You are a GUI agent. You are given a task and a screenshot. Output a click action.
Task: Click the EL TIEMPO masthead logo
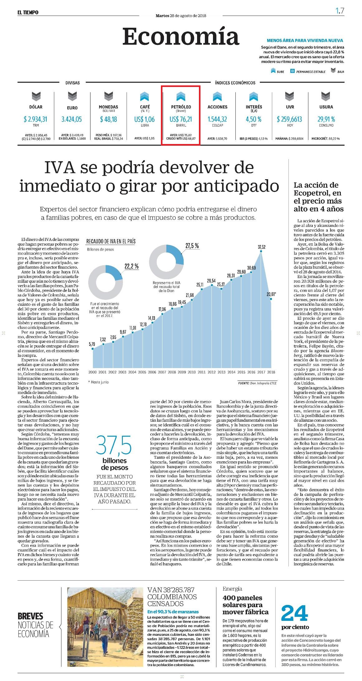click(28, 12)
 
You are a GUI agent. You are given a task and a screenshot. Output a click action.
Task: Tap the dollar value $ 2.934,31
click(36, 119)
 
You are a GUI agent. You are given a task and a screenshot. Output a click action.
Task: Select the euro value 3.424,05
click(72, 119)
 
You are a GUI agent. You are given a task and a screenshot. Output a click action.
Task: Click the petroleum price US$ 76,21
click(181, 119)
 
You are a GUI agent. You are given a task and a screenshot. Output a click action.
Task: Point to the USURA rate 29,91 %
click(326, 119)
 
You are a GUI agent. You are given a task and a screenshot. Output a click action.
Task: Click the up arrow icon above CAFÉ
click(145, 97)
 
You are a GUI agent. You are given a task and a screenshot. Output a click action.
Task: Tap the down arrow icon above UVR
click(290, 97)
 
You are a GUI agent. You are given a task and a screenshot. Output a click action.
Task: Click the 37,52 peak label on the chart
click(262, 247)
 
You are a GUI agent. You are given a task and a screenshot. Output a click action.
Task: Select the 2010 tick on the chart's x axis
click(191, 372)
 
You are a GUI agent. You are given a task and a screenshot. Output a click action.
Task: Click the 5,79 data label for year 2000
click(92, 344)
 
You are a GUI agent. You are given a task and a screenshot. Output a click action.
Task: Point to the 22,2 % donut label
click(131, 266)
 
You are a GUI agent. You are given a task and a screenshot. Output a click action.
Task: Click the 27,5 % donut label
click(192, 246)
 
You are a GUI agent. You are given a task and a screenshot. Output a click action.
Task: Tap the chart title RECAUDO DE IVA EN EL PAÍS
click(111, 241)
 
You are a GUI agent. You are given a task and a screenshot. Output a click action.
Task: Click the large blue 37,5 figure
click(114, 445)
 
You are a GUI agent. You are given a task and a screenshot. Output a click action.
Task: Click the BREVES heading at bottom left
click(31, 616)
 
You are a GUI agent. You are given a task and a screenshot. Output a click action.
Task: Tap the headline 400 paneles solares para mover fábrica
click(245, 605)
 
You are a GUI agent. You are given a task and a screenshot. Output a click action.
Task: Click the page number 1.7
click(340, 11)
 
